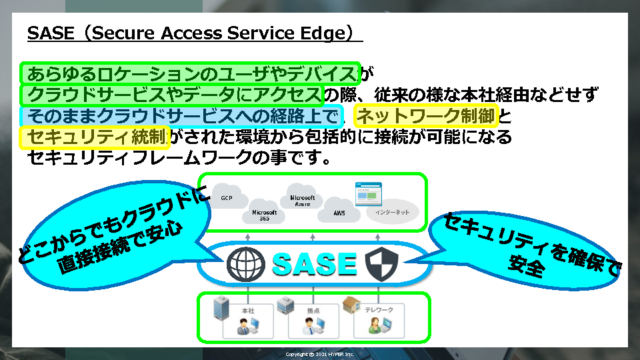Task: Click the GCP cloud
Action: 226,198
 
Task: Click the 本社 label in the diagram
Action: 248,310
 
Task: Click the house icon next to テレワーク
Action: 351,305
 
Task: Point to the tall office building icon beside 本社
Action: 221,309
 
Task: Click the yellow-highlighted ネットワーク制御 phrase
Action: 427,117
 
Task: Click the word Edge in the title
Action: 321,34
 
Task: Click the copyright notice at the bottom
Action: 319,354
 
